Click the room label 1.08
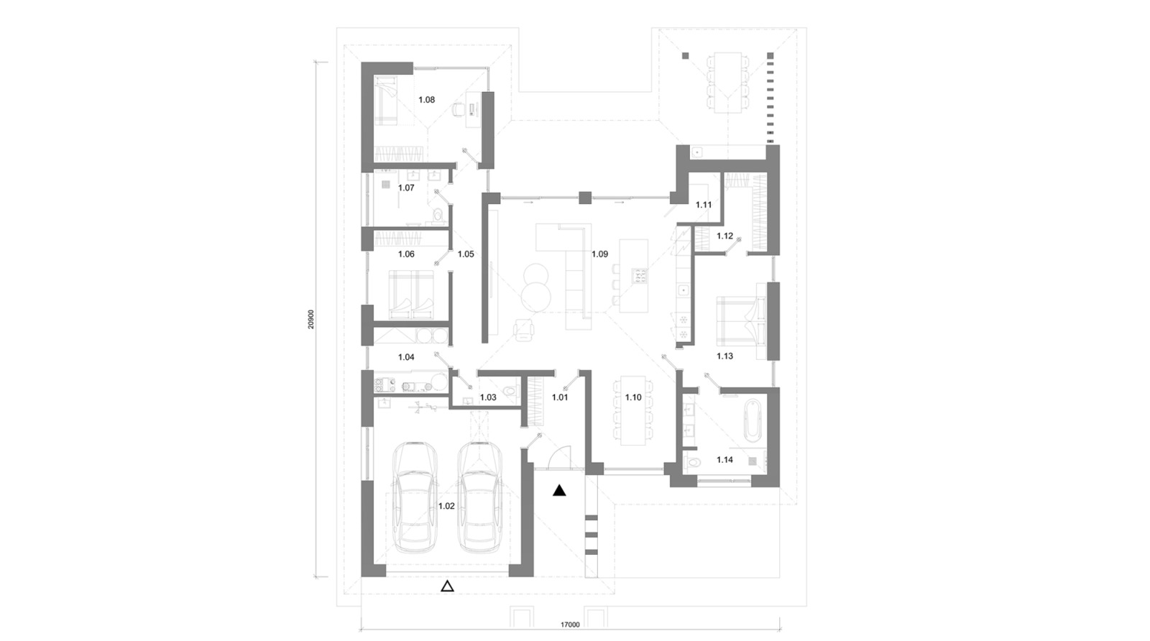click(x=427, y=100)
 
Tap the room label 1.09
click(x=599, y=254)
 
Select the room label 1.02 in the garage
click(x=446, y=506)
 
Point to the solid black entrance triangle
click(x=559, y=492)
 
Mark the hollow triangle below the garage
click(x=447, y=586)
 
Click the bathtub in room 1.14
click(x=751, y=420)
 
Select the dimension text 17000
click(x=570, y=625)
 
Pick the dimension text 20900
click(x=310, y=319)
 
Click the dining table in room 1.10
click(x=633, y=410)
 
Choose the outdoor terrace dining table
click(x=727, y=81)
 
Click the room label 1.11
click(x=704, y=205)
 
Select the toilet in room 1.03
click(x=510, y=392)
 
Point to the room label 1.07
click(x=406, y=188)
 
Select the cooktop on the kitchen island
click(x=638, y=275)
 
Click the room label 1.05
click(x=466, y=254)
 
